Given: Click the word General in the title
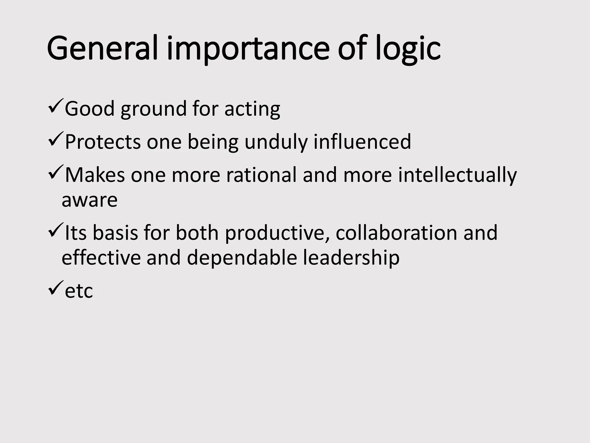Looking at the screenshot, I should click(x=102, y=48).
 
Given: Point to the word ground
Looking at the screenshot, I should click(x=154, y=109).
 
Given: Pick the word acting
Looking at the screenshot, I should click(x=252, y=109).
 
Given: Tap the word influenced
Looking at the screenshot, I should click(x=362, y=142).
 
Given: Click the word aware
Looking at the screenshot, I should click(x=90, y=200).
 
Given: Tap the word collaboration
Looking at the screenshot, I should click(x=396, y=233).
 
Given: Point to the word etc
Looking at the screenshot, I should click(x=79, y=291).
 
